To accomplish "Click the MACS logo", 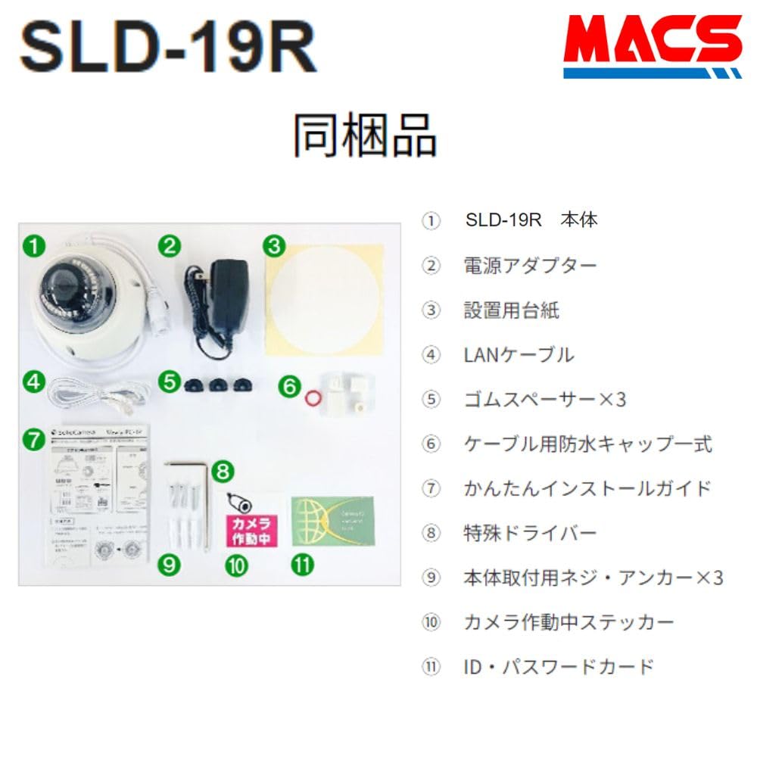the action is click(652, 46).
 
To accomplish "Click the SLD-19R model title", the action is click(167, 48).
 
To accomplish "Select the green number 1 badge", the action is click(33, 245).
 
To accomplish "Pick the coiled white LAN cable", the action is click(91, 393).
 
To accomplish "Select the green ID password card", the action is click(332, 521).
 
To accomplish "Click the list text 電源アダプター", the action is click(530, 265).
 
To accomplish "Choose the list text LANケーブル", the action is click(519, 354).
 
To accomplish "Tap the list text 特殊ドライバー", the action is click(530, 533).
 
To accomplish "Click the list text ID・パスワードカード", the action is click(558, 667).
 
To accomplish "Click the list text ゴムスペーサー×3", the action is click(544, 399).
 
